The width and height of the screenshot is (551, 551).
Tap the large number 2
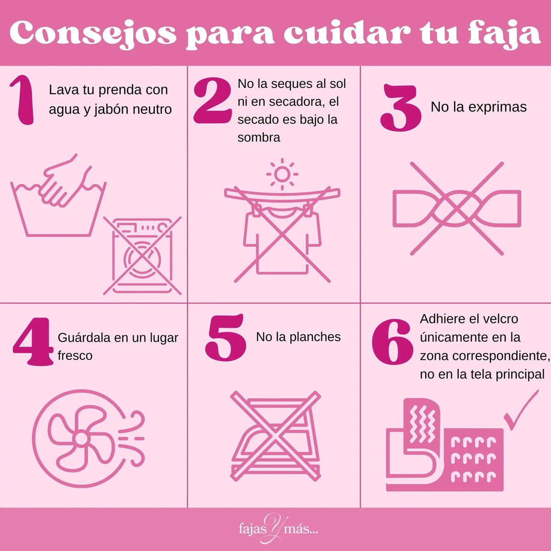coord(212,101)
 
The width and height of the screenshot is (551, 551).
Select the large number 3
coord(400,108)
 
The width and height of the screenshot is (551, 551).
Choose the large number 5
coord(225,337)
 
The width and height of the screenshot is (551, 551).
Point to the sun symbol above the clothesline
coord(282,174)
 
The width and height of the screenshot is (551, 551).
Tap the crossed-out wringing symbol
coord(457,208)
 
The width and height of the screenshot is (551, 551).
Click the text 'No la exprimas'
coord(478,107)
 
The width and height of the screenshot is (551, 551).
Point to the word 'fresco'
coord(75,356)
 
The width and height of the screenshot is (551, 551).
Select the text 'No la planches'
coord(298,337)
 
